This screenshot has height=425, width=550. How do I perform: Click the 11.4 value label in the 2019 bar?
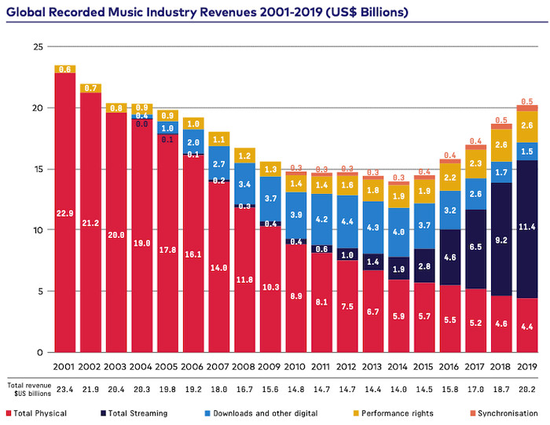click(527, 227)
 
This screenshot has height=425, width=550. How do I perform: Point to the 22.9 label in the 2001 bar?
click(64, 213)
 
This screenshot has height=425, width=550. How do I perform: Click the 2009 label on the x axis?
click(270, 367)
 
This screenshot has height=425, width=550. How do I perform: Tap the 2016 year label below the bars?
click(450, 367)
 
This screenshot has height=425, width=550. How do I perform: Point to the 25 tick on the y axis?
click(37, 47)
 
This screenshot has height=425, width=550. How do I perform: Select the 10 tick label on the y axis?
click(37, 230)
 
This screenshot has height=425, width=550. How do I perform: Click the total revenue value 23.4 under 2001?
click(64, 389)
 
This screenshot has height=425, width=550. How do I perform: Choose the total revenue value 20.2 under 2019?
click(527, 389)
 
